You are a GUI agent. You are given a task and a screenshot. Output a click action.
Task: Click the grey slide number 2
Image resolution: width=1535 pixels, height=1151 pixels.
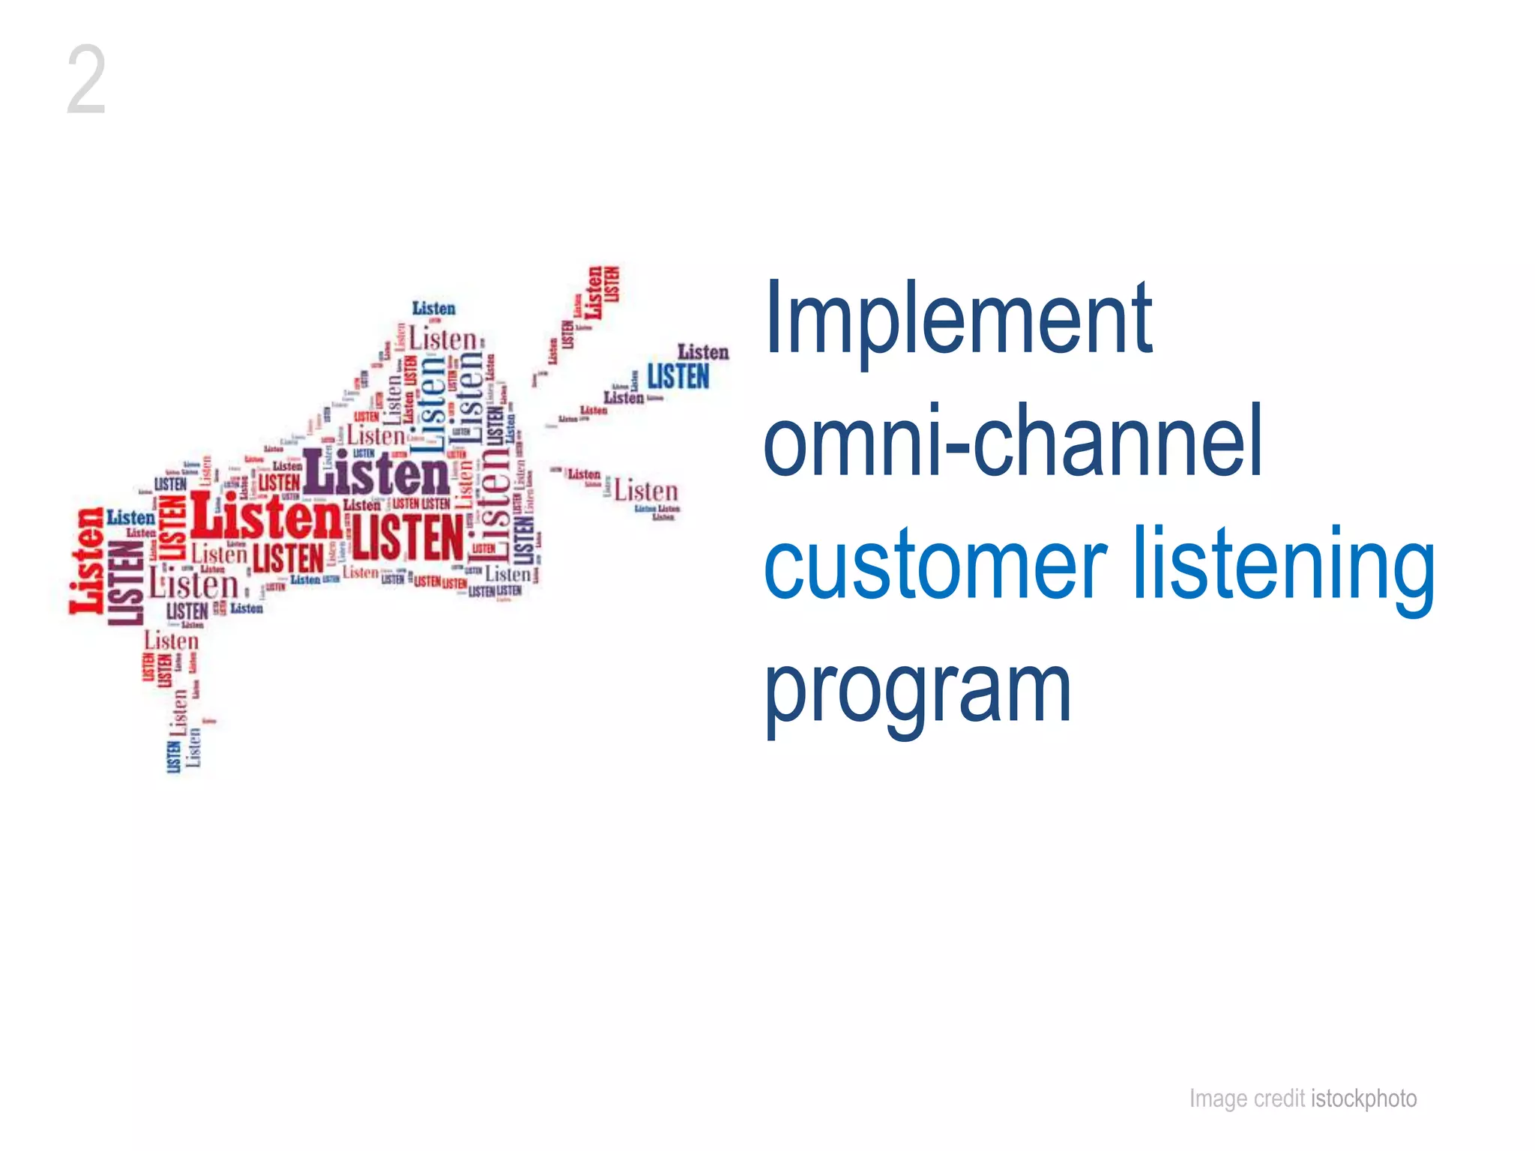tap(86, 79)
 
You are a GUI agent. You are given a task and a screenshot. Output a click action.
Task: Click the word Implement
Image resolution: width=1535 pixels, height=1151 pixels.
tap(958, 318)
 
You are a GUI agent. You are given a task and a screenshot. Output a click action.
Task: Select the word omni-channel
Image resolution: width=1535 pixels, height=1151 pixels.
tap(1012, 442)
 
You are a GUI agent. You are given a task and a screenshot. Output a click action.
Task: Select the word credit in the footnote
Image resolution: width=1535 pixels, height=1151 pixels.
tap(1280, 1099)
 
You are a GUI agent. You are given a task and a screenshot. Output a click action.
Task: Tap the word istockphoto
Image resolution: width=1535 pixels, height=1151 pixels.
tap(1364, 1099)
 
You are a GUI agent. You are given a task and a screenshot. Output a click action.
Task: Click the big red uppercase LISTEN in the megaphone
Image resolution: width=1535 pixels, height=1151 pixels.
tap(408, 537)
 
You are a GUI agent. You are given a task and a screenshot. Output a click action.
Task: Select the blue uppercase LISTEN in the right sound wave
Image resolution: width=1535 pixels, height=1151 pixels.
tap(678, 376)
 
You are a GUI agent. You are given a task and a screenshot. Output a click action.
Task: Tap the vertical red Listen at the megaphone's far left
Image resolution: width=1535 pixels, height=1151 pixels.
tap(87, 561)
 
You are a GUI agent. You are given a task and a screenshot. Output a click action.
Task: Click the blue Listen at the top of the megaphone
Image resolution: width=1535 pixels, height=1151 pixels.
tap(433, 308)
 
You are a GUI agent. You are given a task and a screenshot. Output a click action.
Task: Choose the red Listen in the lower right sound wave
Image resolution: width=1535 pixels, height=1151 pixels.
tap(645, 492)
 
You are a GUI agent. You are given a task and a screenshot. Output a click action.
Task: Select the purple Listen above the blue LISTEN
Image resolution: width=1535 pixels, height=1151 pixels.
tap(703, 351)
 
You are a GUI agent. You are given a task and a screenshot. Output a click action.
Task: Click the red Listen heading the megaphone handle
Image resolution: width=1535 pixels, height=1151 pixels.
tap(172, 641)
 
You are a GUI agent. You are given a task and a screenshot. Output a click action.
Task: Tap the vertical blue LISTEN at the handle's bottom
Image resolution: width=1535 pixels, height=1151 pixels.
tap(173, 756)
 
